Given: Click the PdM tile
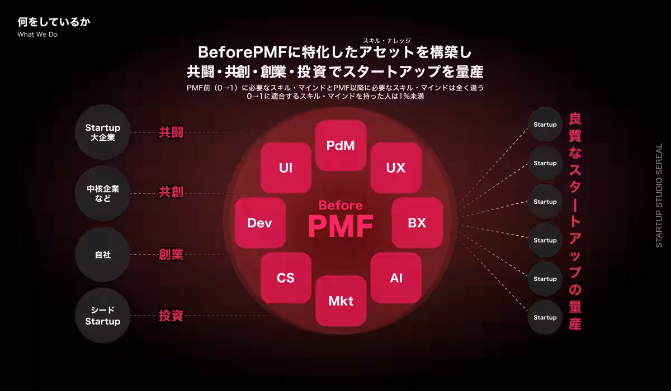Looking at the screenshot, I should pos(341,146).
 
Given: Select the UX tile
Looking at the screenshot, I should pos(395,168).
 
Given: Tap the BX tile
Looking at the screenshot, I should pos(417,223).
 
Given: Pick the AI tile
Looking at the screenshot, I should pos(396,278).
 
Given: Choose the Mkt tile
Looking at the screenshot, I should pos(341,301).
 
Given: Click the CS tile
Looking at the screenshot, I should pos(286,278).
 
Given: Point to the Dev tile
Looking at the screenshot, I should pos(260,223).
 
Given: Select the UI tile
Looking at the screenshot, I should pos(286,168).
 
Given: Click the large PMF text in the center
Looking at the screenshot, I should pos(341,226).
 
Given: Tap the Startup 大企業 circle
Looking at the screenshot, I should pos(103,132).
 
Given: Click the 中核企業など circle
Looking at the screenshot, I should pos(103,193).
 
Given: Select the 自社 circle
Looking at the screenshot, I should pos(103,255).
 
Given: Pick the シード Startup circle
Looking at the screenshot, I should pos(103,316).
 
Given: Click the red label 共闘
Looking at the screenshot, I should pos(171,132).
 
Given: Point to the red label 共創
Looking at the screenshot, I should pos(171,193).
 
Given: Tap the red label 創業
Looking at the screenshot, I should pos(171,255).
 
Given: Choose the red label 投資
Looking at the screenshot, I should pos(171,316).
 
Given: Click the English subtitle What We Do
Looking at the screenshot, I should pos(37,34).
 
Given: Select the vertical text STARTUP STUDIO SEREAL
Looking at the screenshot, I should pos(659,195).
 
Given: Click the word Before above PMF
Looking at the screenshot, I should pos(341,205).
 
